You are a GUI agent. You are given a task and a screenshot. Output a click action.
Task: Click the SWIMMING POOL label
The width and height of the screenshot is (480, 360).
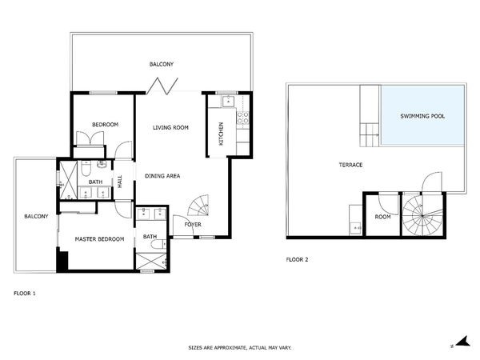[x=422, y=116]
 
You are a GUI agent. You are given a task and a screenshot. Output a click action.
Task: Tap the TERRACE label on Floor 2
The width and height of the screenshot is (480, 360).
[x=351, y=165]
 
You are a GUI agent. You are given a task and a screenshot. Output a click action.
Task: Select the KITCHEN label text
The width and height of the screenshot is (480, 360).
[x=221, y=134]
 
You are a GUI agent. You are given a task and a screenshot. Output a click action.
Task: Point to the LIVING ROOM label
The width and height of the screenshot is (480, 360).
[x=170, y=128]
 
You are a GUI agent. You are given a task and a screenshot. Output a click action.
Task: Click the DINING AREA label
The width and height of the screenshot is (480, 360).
[x=162, y=176]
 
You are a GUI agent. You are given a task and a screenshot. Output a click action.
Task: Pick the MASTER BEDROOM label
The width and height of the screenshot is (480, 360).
[x=99, y=239]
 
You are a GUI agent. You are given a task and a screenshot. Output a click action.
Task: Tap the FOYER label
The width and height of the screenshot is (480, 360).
[x=193, y=225]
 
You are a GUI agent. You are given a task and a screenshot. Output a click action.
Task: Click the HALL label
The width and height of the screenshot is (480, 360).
[x=120, y=182]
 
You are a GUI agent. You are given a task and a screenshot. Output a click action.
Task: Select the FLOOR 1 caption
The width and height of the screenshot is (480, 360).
[x=25, y=294]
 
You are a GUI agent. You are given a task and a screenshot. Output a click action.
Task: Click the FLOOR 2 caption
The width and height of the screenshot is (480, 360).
[x=297, y=259]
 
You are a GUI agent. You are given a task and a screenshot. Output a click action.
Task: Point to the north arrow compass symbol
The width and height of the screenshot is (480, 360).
[x=462, y=342]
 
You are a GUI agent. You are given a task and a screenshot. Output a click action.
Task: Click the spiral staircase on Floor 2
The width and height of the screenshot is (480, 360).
[x=422, y=215]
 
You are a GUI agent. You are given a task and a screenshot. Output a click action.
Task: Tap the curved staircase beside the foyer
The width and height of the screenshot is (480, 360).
[x=198, y=205]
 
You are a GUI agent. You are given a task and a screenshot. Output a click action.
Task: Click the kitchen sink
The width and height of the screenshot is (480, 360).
[x=228, y=101]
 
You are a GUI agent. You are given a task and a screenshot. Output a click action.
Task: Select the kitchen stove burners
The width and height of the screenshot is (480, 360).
[x=243, y=118]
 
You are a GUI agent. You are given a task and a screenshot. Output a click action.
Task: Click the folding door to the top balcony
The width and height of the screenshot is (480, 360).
[x=162, y=86]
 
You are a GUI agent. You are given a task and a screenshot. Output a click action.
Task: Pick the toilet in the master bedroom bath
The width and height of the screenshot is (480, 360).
[x=158, y=244]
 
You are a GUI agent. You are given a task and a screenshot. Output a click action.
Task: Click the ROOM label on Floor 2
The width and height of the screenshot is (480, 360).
[x=382, y=217]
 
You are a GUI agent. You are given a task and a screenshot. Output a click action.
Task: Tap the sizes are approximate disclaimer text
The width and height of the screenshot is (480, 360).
[x=240, y=348]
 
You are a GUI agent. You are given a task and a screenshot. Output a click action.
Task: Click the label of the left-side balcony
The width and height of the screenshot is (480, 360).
[x=36, y=217]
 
